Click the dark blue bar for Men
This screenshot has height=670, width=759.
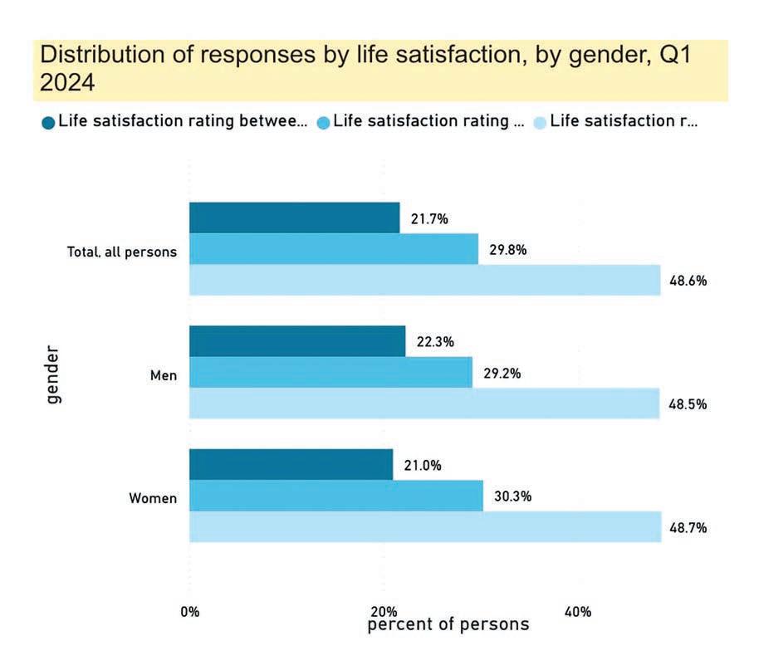click(297, 341)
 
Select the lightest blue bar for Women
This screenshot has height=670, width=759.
click(424, 527)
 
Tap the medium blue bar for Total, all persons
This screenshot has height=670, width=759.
click(334, 249)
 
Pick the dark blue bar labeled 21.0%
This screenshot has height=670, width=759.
click(291, 465)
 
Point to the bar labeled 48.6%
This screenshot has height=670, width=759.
click(424, 281)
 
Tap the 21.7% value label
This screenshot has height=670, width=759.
click(429, 219)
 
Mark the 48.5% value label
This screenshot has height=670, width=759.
click(688, 404)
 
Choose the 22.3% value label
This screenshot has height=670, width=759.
click(436, 342)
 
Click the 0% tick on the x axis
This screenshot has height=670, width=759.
click(190, 613)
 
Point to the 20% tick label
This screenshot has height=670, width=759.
click(384, 613)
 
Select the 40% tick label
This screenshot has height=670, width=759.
click(578, 613)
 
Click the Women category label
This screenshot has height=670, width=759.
click(153, 499)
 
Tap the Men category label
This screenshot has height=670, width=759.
click(164, 375)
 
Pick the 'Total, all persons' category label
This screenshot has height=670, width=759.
click(122, 252)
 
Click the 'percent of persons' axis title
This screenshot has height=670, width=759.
click(448, 624)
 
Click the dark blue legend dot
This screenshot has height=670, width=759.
click(48, 123)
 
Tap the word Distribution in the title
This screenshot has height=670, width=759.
click(91, 56)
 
